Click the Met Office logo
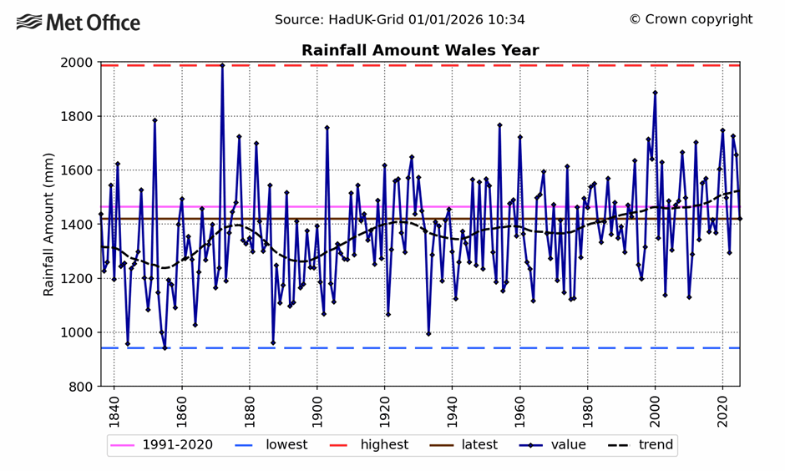[78, 23]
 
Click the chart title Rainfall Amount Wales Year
[420, 51]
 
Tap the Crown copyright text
[691, 19]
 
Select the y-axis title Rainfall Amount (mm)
[48, 225]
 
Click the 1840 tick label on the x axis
[114, 412]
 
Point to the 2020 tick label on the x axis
[722, 412]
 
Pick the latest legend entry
[468, 445]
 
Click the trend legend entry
[640, 445]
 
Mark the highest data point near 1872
[222, 64]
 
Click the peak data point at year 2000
[655, 93]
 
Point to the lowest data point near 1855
[165, 348]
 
